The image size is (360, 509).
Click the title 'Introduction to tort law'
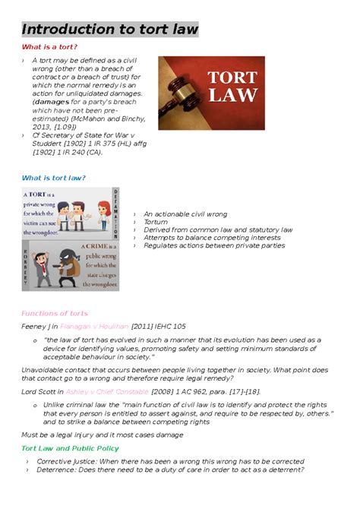[110, 30]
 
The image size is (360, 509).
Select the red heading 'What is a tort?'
[50, 47]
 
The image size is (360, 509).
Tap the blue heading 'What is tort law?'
[53, 178]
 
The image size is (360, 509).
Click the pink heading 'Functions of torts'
[54, 313]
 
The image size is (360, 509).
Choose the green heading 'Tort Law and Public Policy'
[69, 448]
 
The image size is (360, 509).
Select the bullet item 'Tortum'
[156, 222]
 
